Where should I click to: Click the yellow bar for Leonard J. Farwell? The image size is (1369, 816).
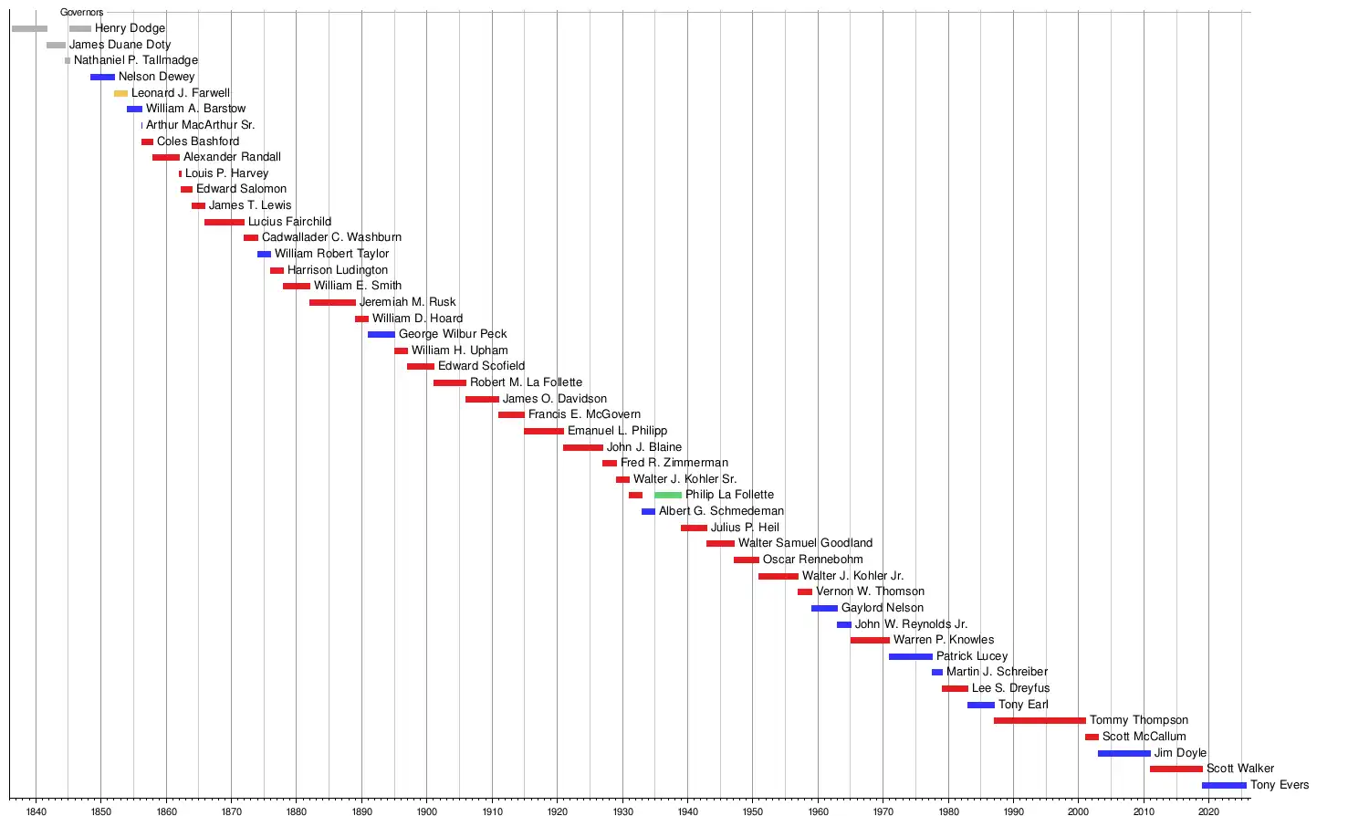pyautogui.click(x=120, y=93)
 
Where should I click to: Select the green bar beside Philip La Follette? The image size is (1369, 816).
pyautogui.click(x=668, y=495)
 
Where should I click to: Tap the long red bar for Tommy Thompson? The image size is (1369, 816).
pyautogui.click(x=1040, y=720)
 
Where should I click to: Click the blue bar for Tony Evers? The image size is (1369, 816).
pyautogui.click(x=1224, y=785)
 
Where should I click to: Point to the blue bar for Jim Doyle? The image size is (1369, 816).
pyautogui.click(x=1123, y=753)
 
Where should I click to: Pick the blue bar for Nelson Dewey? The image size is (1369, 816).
pyautogui.click(x=102, y=77)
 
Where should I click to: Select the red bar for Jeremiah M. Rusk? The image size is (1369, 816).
pyautogui.click(x=332, y=302)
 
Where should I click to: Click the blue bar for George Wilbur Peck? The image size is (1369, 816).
pyautogui.click(x=381, y=334)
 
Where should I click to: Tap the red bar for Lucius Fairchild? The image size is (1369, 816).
pyautogui.click(x=225, y=222)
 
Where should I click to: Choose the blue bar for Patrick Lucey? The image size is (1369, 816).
pyautogui.click(x=911, y=656)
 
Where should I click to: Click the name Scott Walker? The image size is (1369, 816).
pyautogui.click(x=1240, y=769)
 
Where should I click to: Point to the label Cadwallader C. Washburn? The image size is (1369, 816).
pyautogui.click(x=331, y=237)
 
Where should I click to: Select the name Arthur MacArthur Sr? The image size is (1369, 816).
pyautogui.click(x=201, y=125)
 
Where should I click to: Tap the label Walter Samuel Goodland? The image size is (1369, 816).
pyautogui.click(x=805, y=543)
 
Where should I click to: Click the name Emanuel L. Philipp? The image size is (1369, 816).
pyautogui.click(x=617, y=431)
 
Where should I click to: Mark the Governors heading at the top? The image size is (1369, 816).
pyautogui.click(x=82, y=12)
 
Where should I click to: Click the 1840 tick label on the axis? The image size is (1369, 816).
pyautogui.click(x=37, y=811)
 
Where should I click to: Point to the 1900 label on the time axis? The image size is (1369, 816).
pyautogui.click(x=427, y=811)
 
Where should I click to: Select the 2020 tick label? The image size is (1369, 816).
pyautogui.click(x=1208, y=811)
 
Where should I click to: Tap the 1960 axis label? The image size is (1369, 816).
pyautogui.click(x=818, y=811)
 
